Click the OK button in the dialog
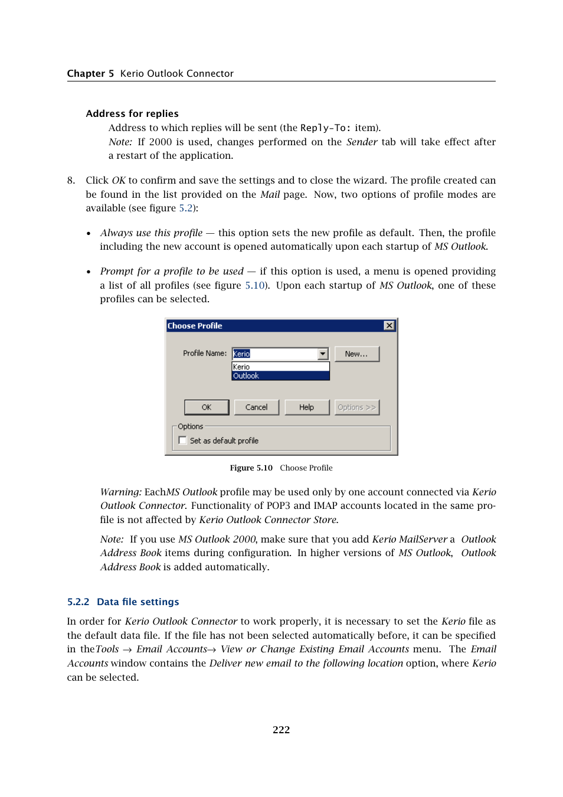pos(207,407)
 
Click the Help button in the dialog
pos(306,407)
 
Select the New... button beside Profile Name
pos(356,354)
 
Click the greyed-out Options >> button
pos(356,407)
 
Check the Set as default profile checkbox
pos(183,440)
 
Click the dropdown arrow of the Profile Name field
pos(323,354)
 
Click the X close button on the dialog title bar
pos(389,326)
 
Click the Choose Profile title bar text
pos(195,326)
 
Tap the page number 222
pos(281,730)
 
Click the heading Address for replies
pos(132,113)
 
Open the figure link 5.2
pos(185,208)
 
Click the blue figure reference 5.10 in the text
pos(254,285)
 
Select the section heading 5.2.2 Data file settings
pos(123,602)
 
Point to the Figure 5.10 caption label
pos(251,468)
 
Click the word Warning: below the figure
pos(121,492)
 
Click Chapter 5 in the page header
pos(90,73)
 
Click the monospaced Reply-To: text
pos(325,128)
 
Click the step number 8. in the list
pos(71,180)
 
